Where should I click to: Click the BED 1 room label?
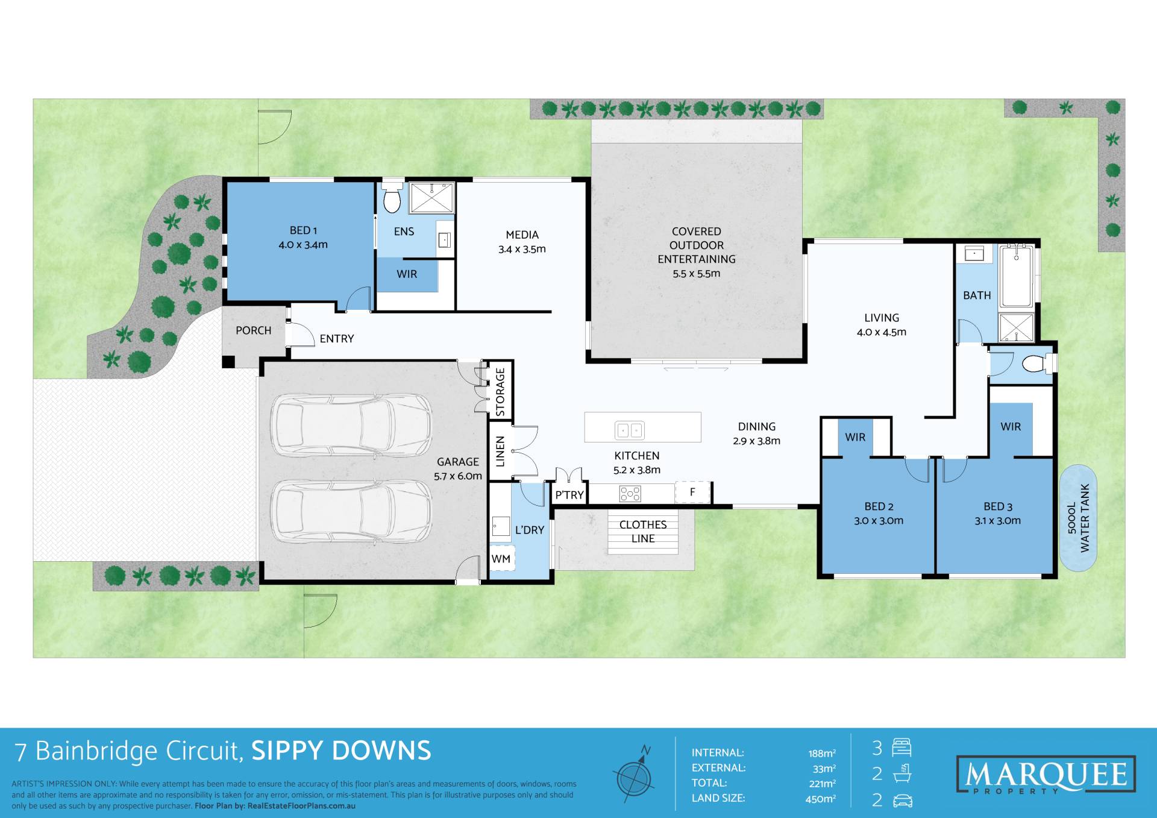[303, 230]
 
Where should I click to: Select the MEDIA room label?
[522, 234]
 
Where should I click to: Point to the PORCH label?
[253, 330]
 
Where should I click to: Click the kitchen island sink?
[630, 430]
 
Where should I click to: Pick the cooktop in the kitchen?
[630, 494]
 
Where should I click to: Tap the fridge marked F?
[692, 492]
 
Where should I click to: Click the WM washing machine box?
[501, 559]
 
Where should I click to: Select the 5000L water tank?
[1078, 518]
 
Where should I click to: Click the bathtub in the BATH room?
[1017, 277]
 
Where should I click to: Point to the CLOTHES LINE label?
[643, 532]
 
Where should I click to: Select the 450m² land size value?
[821, 799]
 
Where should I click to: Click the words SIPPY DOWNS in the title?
[341, 750]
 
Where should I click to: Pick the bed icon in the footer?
[901, 747]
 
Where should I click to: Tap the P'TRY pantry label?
[569, 495]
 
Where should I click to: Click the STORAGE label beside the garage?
[500, 392]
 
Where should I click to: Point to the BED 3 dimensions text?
[998, 521]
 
